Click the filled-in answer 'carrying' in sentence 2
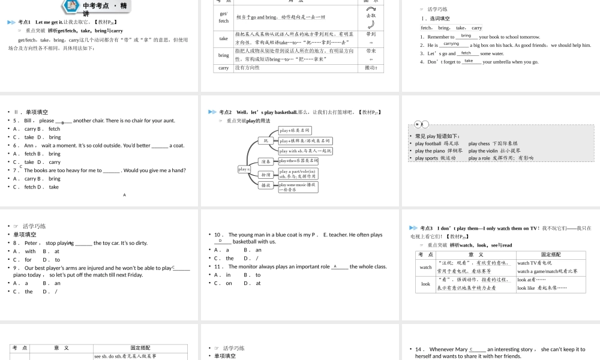point(451,44)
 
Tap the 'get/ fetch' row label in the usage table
point(224,17)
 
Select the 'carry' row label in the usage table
point(224,68)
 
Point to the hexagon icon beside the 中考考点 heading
point(71,6)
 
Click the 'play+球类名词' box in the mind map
point(295,130)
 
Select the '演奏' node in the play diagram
point(265,161)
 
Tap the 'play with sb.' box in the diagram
point(305,151)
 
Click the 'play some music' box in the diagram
point(298,187)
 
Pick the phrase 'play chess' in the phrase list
point(479,143)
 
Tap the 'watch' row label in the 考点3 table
point(425,267)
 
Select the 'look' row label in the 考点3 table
point(425,284)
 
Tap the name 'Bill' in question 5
point(28,121)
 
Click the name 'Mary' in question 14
point(461,349)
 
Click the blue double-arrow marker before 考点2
point(212,112)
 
